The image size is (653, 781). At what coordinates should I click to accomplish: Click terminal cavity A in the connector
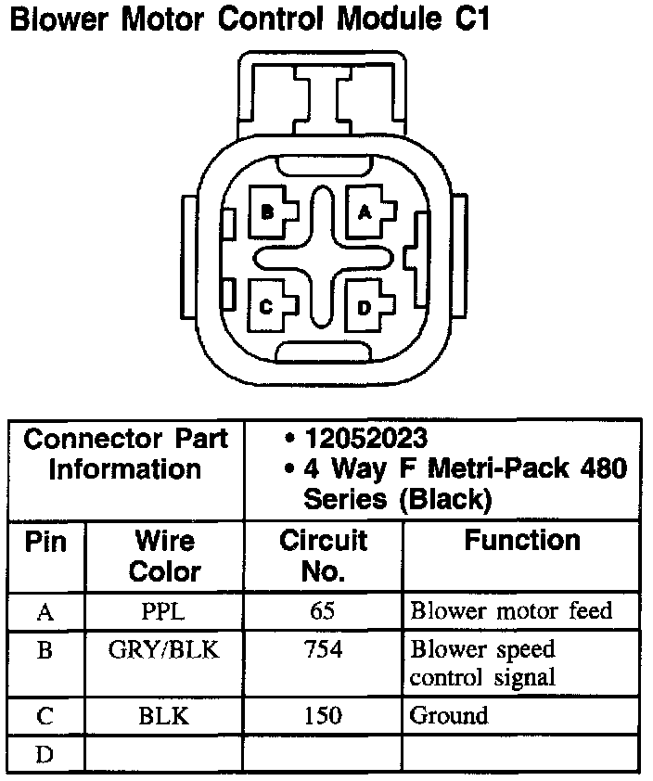(365, 212)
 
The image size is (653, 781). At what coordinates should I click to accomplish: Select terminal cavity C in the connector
(266, 307)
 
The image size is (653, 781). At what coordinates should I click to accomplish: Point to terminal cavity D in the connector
(365, 307)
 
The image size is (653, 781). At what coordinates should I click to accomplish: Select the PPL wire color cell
(164, 611)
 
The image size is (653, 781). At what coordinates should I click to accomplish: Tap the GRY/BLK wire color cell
(164, 649)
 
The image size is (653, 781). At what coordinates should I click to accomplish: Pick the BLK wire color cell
(164, 716)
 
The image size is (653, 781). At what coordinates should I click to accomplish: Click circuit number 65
(323, 611)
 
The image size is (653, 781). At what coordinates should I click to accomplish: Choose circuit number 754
(323, 649)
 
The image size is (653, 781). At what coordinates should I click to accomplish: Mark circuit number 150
(323, 716)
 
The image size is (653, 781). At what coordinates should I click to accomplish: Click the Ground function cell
(449, 716)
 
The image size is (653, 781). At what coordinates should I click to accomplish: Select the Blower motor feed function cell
(511, 611)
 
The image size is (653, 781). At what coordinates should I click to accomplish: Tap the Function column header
(522, 540)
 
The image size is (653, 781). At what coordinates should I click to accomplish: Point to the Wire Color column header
(164, 555)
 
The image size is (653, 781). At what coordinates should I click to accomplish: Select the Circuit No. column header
(323, 555)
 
